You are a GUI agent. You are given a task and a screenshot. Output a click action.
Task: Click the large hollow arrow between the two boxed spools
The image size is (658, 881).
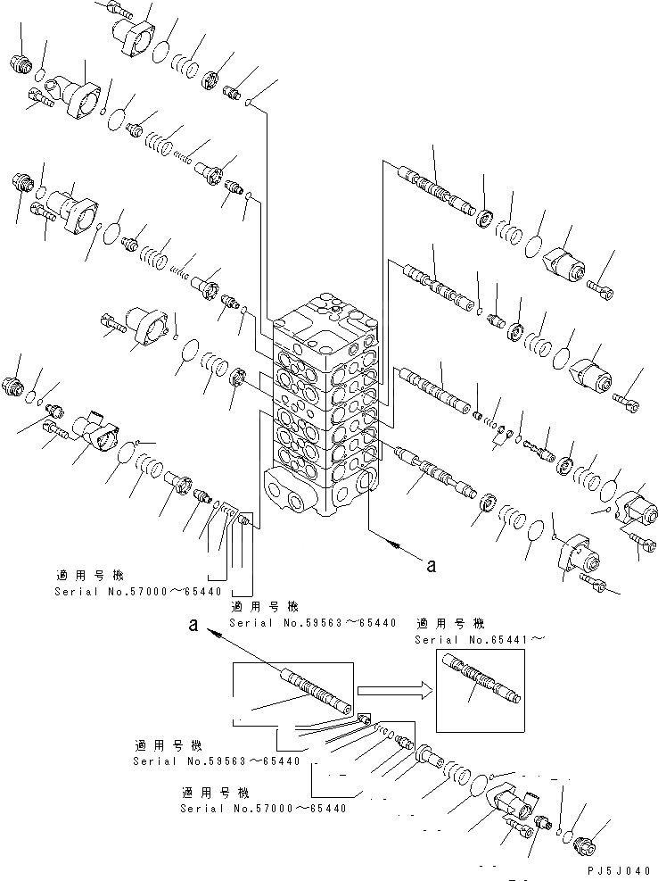tap(392, 689)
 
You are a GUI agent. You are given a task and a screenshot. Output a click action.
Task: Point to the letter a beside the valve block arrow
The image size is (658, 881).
tap(431, 564)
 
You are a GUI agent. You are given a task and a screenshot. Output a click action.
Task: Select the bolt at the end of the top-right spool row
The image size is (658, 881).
tap(601, 287)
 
